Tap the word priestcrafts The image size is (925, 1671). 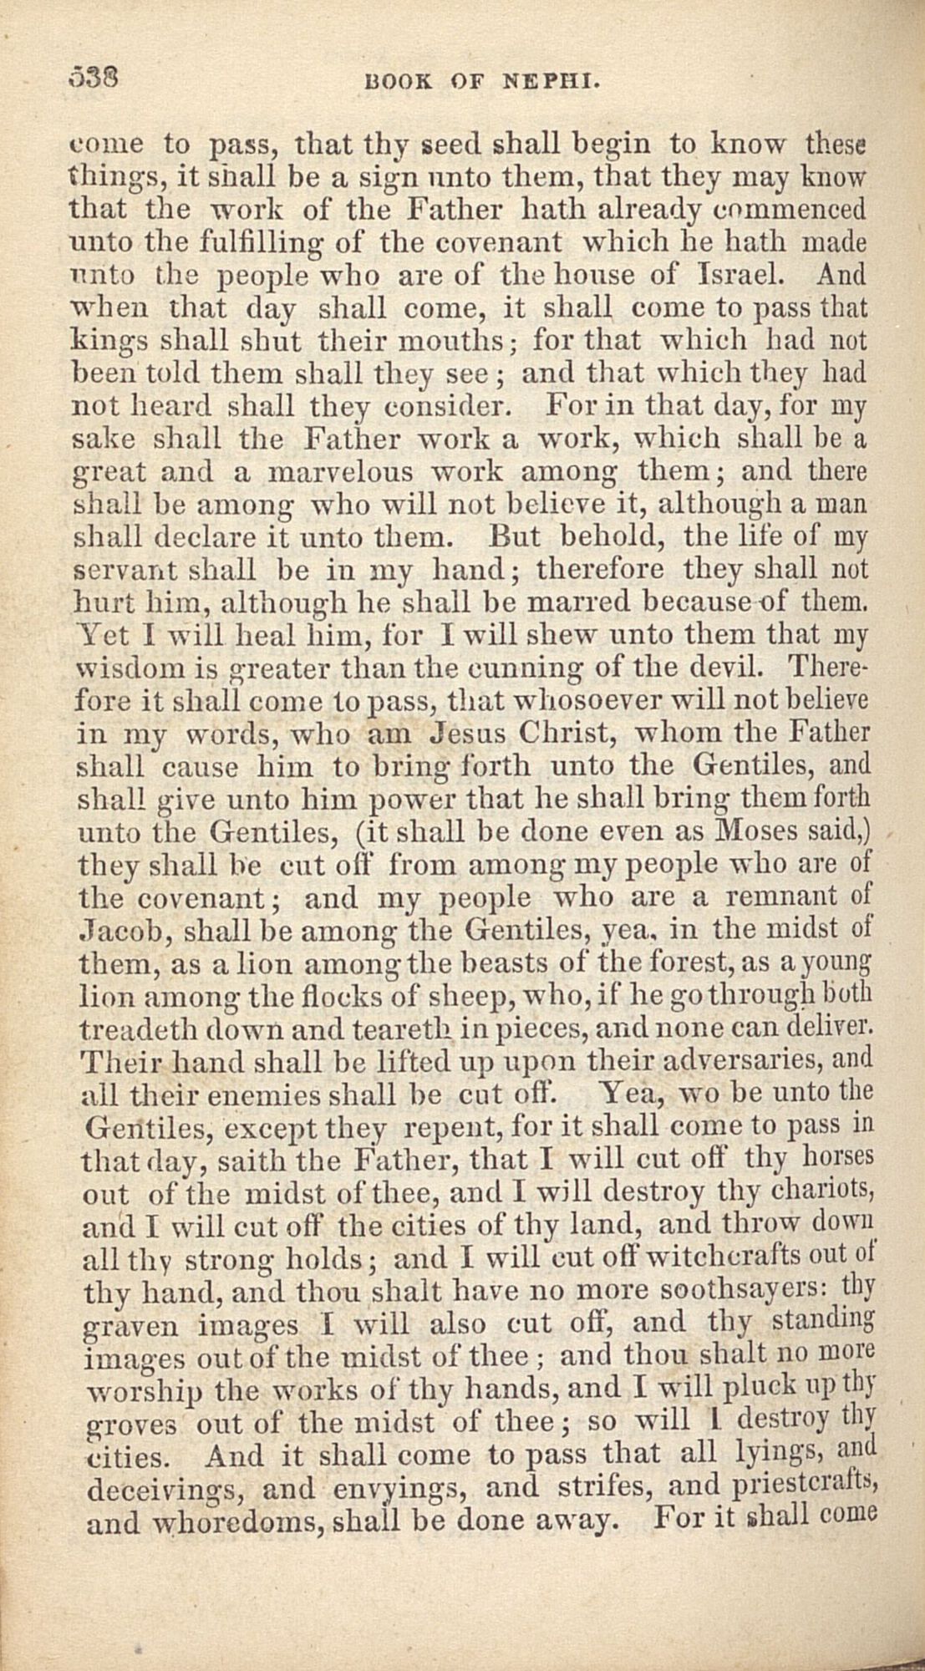(x=806, y=1488)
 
